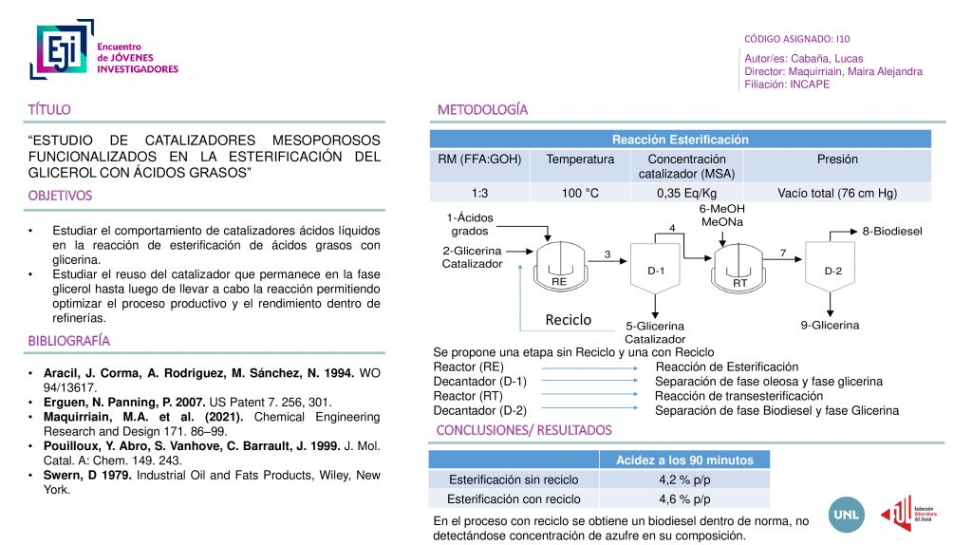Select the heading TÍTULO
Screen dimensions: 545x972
click(49, 110)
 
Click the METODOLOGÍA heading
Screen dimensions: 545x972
click(482, 110)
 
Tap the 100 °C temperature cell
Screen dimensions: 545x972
click(580, 194)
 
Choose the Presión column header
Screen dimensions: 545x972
click(836, 160)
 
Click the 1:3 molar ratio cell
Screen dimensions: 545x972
click(480, 194)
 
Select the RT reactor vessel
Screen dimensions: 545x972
click(739, 266)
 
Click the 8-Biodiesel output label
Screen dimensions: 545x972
click(891, 231)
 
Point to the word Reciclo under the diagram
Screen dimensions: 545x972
click(568, 320)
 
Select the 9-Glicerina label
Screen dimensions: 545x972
click(830, 325)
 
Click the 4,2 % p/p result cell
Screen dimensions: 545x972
click(684, 479)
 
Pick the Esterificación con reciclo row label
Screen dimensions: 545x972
click(514, 499)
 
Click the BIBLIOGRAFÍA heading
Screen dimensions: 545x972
click(68, 340)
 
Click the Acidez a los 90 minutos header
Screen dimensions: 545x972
click(684, 460)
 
